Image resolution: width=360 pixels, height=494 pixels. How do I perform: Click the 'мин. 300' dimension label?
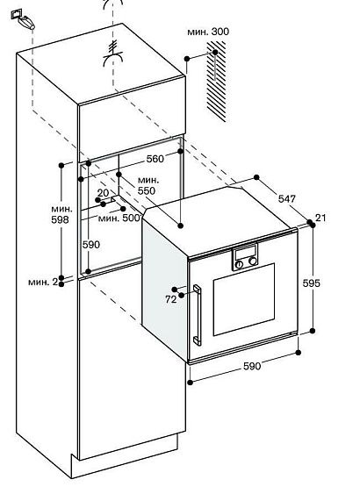(x=207, y=32)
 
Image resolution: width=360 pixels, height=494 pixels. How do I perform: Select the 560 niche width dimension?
(x=155, y=159)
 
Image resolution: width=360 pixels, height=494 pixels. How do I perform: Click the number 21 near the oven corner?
(x=321, y=218)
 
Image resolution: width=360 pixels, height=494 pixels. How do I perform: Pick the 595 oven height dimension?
(x=325, y=283)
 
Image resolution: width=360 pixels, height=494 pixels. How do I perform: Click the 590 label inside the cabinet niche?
(x=91, y=244)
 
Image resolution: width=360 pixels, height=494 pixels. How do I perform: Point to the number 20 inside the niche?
(x=103, y=193)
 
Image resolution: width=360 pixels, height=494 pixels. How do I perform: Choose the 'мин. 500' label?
(x=119, y=217)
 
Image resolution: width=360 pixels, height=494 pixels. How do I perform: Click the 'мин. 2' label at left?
(x=42, y=281)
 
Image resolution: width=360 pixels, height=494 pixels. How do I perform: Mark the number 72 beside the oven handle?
(x=170, y=298)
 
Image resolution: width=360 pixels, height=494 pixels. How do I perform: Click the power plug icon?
(x=25, y=19)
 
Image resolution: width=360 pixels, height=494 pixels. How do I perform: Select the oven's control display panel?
(x=245, y=258)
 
